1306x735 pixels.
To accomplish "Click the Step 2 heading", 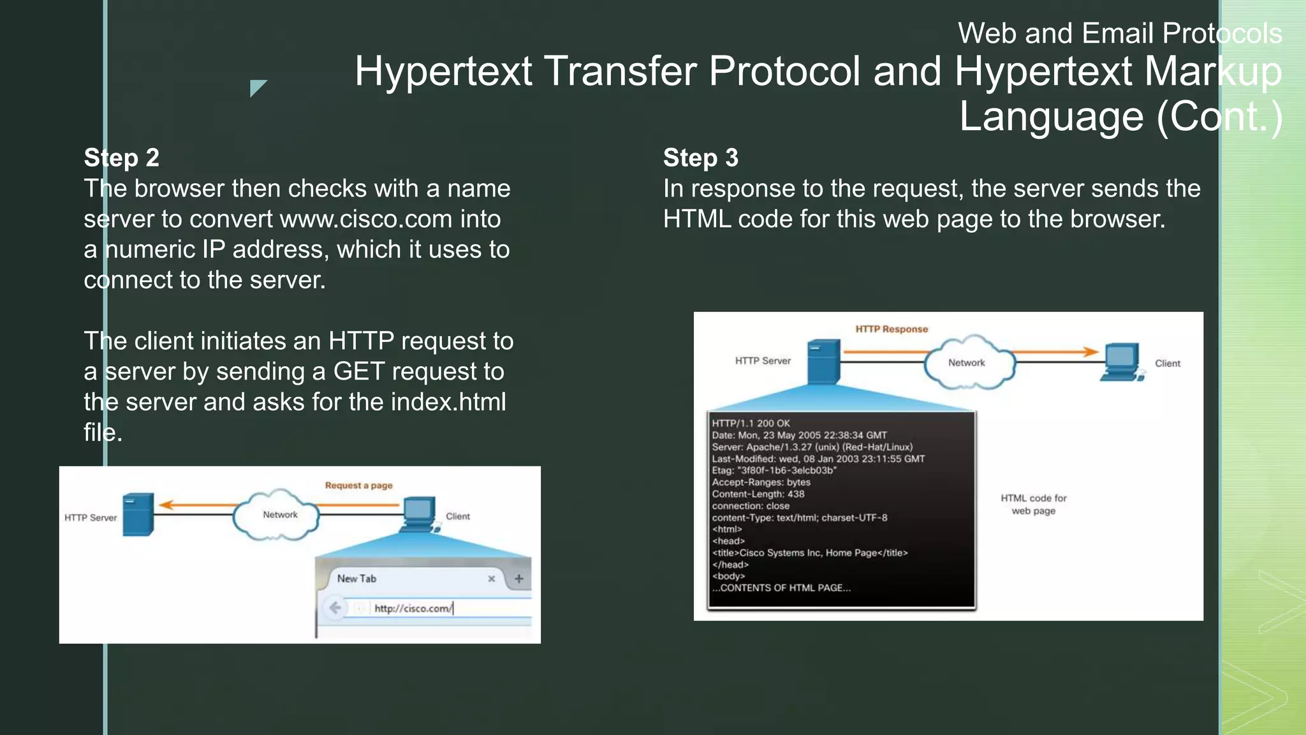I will pos(121,158).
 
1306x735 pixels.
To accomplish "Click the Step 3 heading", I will pos(700,158).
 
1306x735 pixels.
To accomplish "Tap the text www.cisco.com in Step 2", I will pos(366,219).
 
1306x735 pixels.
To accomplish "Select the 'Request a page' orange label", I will pos(358,486).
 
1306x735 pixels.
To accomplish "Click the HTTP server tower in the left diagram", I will pos(138,514).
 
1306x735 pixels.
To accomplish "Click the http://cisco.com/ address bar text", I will pos(413,608).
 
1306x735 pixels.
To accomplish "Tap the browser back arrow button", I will pos(335,607).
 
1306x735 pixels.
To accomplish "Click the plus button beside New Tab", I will pos(518,579).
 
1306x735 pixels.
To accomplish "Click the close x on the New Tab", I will pos(491,579).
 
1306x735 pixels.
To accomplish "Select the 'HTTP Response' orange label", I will pos(891,329).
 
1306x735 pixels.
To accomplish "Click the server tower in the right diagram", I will pos(823,362).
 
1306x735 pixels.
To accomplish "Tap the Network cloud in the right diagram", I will pos(967,362).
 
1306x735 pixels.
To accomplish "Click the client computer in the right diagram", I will pos(1121,362).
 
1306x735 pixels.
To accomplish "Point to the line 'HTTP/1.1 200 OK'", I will pos(751,423).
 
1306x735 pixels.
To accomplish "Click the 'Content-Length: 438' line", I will pos(758,494).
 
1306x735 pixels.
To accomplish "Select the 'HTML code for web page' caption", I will pos(1033,504).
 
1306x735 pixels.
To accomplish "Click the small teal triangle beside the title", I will pos(256,87).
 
